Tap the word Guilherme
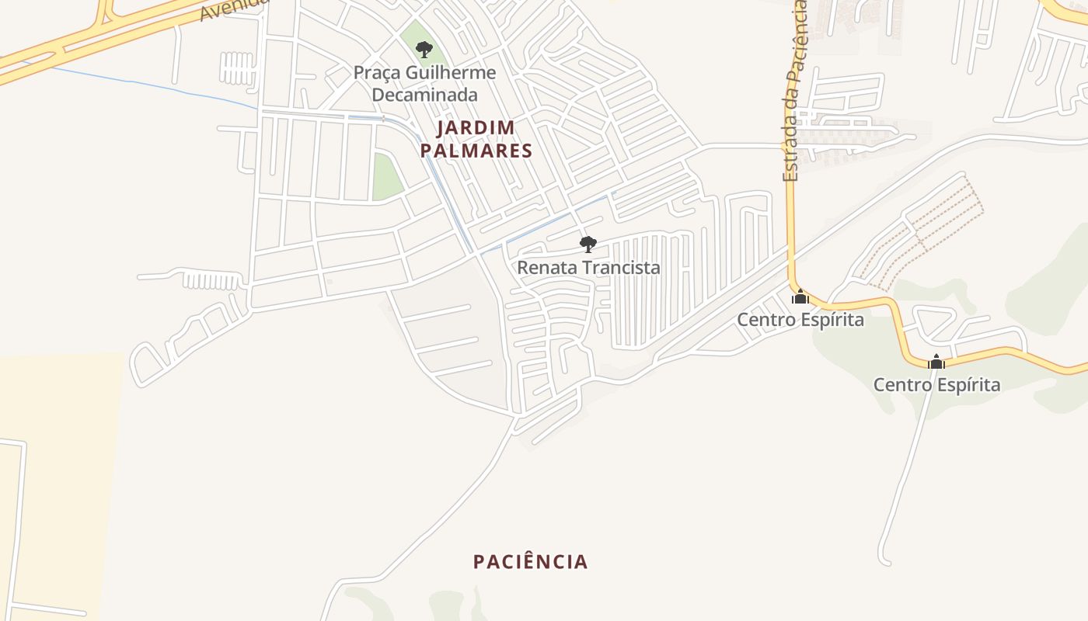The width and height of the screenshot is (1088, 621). (452, 73)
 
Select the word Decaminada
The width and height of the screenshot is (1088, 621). (424, 95)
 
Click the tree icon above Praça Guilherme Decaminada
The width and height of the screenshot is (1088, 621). (424, 50)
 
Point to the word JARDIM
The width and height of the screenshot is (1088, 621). (476, 127)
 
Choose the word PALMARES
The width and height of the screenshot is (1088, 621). (476, 151)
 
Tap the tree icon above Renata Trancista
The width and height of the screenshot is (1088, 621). (588, 245)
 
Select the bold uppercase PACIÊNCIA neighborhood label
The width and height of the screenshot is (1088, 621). (531, 562)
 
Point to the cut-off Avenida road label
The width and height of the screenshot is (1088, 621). (234, 9)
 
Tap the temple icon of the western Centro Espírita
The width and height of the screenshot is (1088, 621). (800, 297)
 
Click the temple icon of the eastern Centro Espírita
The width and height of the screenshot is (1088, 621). (936, 362)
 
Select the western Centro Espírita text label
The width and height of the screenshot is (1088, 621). (800, 320)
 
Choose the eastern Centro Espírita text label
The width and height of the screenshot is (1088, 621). (936, 385)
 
